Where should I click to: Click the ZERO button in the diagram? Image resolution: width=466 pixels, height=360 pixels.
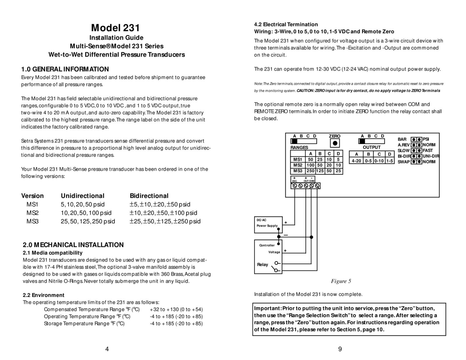(x=335, y=143)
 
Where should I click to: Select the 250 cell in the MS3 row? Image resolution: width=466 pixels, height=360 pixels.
(x=310, y=171)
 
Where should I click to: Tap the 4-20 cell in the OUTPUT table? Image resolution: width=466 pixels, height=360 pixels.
(x=356, y=160)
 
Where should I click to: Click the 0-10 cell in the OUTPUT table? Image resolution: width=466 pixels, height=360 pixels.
(x=379, y=160)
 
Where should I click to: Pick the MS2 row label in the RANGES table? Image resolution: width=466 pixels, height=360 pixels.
(x=298, y=165)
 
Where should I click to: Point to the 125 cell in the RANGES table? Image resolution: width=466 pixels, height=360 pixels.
(x=320, y=171)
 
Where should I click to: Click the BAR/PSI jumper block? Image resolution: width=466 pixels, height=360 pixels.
(x=416, y=139)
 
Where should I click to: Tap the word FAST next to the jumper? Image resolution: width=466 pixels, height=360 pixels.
(x=428, y=151)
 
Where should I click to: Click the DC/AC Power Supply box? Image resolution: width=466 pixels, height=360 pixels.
(x=268, y=225)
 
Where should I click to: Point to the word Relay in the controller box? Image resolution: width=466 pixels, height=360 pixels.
(x=262, y=264)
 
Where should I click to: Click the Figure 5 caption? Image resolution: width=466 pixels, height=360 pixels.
(x=341, y=281)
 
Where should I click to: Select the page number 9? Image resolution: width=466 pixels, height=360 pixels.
(x=340, y=349)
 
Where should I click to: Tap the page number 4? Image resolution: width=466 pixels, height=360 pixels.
(x=107, y=349)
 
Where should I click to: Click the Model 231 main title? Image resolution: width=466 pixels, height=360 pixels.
(x=115, y=28)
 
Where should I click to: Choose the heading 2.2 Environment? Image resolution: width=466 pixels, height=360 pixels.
(x=43, y=295)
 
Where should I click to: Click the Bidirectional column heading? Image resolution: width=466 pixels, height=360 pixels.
(x=149, y=196)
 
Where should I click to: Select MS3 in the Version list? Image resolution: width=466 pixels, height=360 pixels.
(x=32, y=221)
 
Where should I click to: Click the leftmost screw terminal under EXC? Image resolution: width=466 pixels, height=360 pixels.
(x=295, y=186)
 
